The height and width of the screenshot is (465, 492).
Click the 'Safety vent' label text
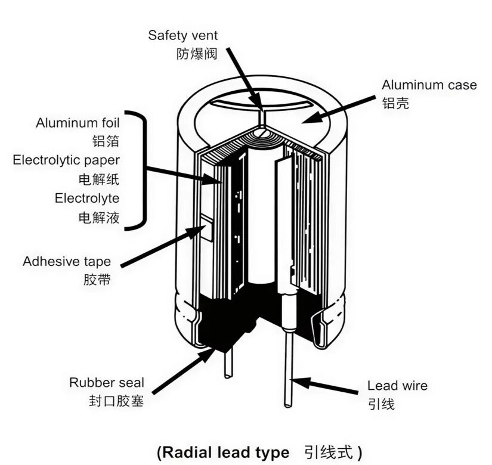(x=182, y=35)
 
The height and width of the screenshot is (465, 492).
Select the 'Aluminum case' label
(x=429, y=85)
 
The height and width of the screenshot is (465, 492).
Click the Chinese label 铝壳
(x=395, y=103)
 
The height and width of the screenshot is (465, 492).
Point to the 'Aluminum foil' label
(x=78, y=123)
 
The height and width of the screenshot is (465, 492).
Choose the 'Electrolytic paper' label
(x=66, y=160)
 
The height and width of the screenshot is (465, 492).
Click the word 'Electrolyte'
(x=87, y=199)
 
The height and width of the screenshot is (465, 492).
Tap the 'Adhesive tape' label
(x=67, y=262)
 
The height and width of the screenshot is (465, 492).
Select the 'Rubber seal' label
(x=107, y=383)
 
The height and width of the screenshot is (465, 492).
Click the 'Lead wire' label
(x=397, y=386)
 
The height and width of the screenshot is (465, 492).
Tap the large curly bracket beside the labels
(x=138, y=170)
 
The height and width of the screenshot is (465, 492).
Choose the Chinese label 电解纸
(x=99, y=179)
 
